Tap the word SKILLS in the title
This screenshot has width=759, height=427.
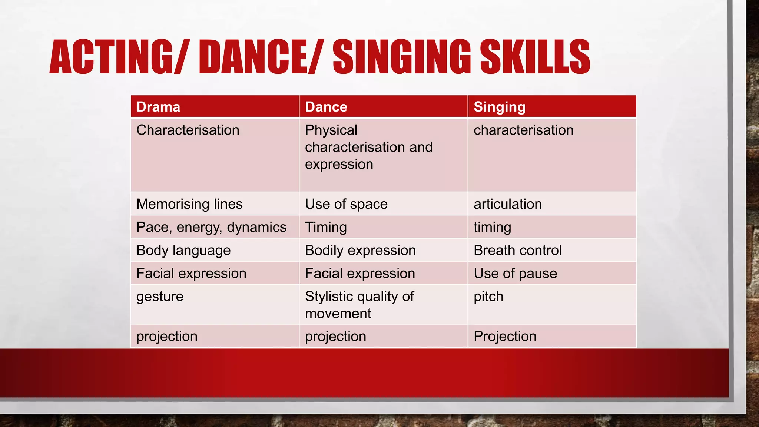tap(535, 57)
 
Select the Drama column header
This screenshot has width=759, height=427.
tap(158, 107)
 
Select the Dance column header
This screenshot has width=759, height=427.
tap(326, 107)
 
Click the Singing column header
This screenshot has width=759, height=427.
tap(500, 107)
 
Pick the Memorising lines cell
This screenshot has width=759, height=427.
tap(189, 204)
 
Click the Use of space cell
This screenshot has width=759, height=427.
tap(346, 204)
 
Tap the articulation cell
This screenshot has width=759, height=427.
tap(508, 204)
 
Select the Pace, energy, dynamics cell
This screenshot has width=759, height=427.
tap(211, 227)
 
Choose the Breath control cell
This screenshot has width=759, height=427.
tap(517, 250)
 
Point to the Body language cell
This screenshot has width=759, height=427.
tap(183, 251)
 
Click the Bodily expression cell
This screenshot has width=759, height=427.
tap(360, 251)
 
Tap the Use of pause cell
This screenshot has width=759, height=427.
tap(515, 274)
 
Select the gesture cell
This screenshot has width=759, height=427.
tap(160, 297)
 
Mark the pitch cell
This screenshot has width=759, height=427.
tap(488, 297)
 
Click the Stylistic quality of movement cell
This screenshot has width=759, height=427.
tap(359, 305)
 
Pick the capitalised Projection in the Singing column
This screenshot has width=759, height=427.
tap(505, 336)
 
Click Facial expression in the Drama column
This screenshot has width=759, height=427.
tap(191, 274)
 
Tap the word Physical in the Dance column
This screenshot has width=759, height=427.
tap(331, 130)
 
